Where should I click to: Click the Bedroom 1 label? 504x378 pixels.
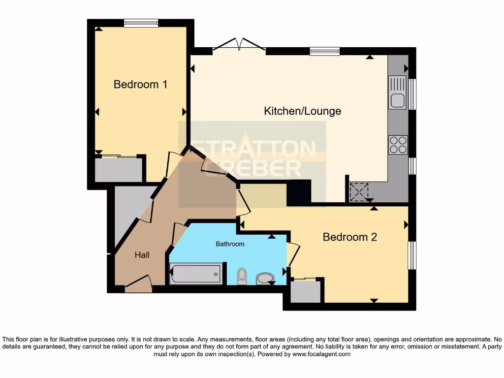click(x=140, y=84)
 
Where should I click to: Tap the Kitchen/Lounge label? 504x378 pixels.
click(x=302, y=111)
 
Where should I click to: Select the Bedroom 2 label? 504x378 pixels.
click(x=349, y=237)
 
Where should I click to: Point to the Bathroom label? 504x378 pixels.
click(x=230, y=244)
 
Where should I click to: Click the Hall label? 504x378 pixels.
click(x=142, y=255)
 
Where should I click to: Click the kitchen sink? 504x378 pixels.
click(x=397, y=93)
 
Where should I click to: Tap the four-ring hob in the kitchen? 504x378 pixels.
click(x=398, y=144)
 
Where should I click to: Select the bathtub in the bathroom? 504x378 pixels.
click(x=195, y=274)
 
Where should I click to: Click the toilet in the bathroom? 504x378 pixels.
click(x=242, y=276)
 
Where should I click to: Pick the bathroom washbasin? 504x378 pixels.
click(x=266, y=279)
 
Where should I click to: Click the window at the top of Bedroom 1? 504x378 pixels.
click(x=141, y=23)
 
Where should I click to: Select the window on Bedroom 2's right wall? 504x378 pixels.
click(x=412, y=255)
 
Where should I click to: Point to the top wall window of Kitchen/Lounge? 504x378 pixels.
click(x=325, y=51)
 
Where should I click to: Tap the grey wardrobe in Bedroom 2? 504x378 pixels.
click(x=305, y=291)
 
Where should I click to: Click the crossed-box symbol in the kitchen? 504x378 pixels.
click(x=359, y=192)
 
